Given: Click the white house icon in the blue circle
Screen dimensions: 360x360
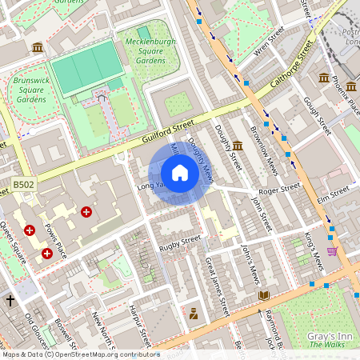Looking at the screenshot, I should (x=180, y=173).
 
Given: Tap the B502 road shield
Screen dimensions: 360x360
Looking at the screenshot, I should (x=24, y=186).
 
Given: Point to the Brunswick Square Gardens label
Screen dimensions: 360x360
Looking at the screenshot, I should (x=29, y=90).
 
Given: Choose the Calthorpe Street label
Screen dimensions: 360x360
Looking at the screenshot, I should (x=290, y=68).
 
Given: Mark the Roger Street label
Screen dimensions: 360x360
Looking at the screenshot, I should (x=279, y=189).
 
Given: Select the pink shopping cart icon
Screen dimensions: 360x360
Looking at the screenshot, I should (x=332, y=251).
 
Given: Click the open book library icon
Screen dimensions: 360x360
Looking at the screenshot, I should (x=264, y=296).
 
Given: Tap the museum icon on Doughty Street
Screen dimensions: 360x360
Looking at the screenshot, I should (x=238, y=145).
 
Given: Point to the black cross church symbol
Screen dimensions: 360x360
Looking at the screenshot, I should (x=10, y=301).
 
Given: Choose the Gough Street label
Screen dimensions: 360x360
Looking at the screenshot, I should (x=318, y=116).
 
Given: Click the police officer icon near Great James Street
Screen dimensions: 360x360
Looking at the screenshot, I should (x=193, y=314).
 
